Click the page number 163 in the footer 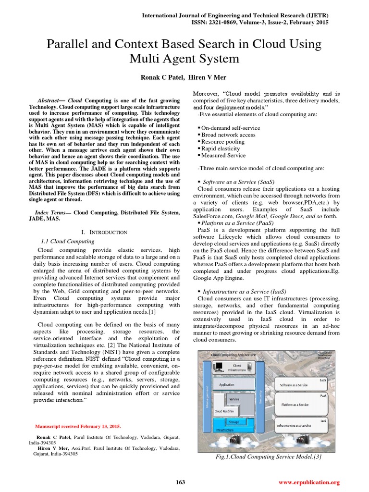(x=180, y=482)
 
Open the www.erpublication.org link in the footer (x=309, y=482)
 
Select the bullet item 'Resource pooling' (x=222, y=142)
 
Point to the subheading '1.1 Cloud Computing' (x=66, y=241)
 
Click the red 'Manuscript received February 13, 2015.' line (x=78, y=426)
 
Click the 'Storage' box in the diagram (x=234, y=422)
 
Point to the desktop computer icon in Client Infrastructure (x=219, y=368)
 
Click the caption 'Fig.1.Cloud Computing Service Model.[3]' (x=269, y=457)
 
